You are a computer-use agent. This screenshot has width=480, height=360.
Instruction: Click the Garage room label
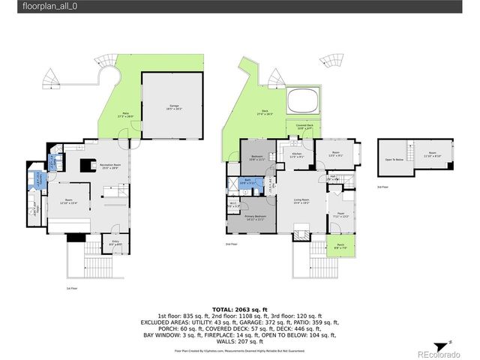[x=173, y=108]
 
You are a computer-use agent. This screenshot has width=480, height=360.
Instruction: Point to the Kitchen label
[x=297, y=155]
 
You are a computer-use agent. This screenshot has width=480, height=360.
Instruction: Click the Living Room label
[x=301, y=199]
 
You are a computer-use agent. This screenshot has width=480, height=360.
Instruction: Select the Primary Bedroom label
[x=255, y=218]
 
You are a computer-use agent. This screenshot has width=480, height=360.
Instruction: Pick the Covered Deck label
[x=304, y=127]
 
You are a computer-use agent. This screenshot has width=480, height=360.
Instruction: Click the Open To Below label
[x=394, y=159]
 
